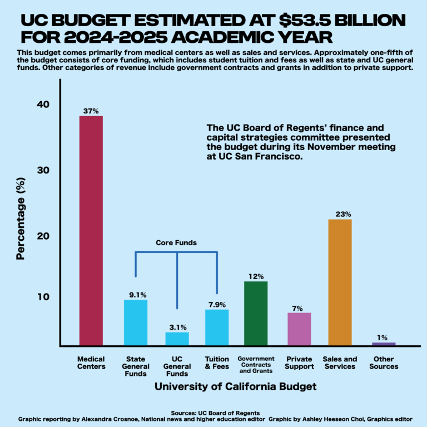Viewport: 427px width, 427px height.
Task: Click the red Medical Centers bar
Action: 91,231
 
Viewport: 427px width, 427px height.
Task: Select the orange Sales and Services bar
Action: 340,282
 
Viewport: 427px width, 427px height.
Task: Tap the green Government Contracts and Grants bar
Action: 255,314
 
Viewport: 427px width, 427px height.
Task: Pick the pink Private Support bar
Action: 299,329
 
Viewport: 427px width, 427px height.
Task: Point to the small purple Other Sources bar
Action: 383,344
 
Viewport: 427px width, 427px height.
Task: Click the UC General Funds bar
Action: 177,339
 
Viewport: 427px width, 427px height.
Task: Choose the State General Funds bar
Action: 136,323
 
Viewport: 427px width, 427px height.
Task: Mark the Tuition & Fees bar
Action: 217,327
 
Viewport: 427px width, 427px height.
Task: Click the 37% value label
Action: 91,111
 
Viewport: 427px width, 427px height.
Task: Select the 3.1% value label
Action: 178,327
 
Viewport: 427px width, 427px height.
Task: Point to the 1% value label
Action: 383,337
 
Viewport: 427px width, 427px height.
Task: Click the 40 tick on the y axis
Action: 43,105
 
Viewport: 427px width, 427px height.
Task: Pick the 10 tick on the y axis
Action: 43,297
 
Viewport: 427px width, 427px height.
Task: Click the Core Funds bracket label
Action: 176,243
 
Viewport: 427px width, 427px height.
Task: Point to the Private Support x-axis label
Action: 299,363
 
